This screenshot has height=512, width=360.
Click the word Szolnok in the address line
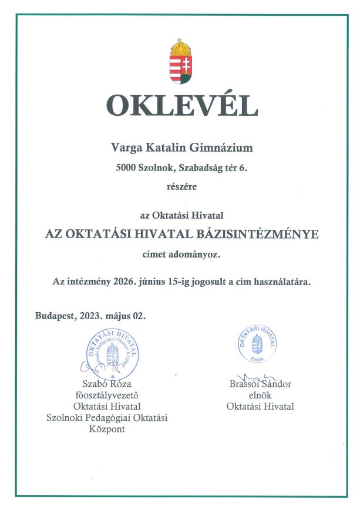coord(158,168)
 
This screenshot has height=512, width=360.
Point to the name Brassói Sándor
coord(260,384)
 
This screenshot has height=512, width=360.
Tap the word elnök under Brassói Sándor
coord(260,395)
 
